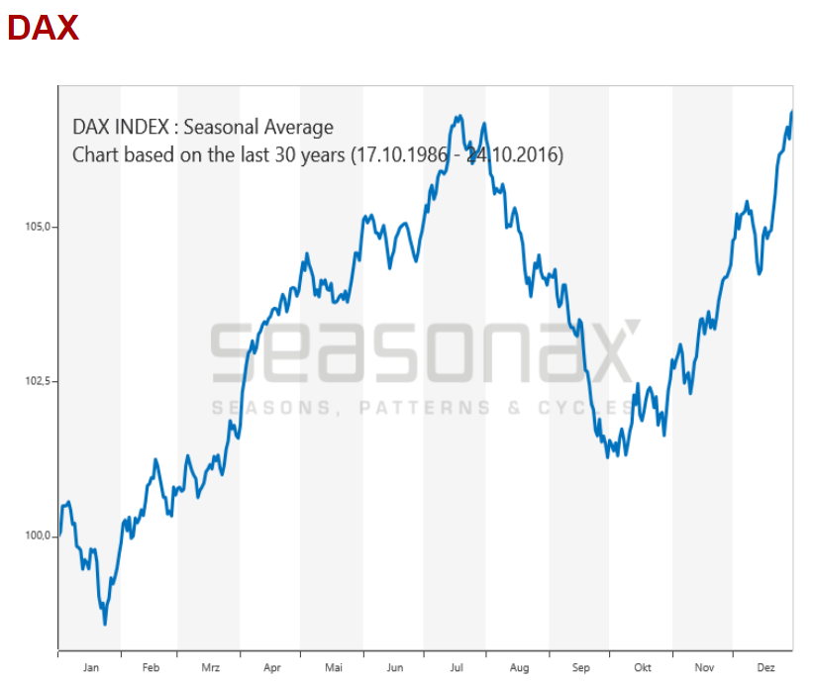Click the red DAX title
click(x=43, y=28)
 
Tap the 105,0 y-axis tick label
click(x=38, y=227)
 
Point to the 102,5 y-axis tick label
click(x=38, y=381)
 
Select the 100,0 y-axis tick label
click(x=38, y=536)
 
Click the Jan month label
click(x=90, y=668)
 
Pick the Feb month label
click(x=151, y=668)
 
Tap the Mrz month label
click(x=210, y=668)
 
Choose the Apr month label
click(x=272, y=668)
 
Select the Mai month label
click(x=333, y=668)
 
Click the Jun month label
click(x=394, y=668)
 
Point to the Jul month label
click(x=456, y=668)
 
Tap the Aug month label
click(x=518, y=668)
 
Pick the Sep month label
click(x=580, y=668)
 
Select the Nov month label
click(x=703, y=668)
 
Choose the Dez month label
click(x=765, y=668)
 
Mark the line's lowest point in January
click(x=105, y=624)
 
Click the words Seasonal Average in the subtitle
click(x=258, y=127)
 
